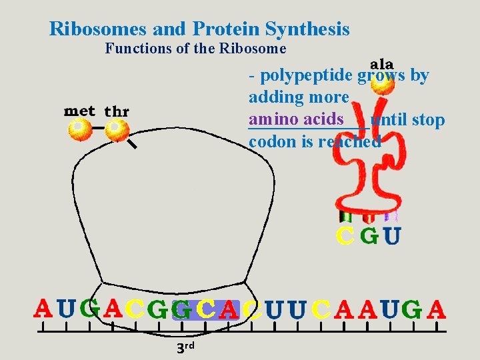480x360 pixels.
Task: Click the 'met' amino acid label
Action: [x=79, y=111]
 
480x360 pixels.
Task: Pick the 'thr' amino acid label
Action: [x=117, y=111]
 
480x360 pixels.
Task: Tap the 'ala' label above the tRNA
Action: [x=381, y=65]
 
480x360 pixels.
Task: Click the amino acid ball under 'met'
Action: [x=81, y=129]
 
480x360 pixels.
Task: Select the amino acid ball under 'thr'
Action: [x=117, y=129]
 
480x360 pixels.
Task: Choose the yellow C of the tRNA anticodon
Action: [x=345, y=236]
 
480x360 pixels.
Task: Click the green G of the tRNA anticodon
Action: [x=369, y=236]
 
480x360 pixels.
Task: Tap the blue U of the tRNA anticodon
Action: [x=392, y=236]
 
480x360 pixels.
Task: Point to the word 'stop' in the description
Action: [x=428, y=120]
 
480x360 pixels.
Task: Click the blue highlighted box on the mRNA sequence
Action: [x=205, y=309]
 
